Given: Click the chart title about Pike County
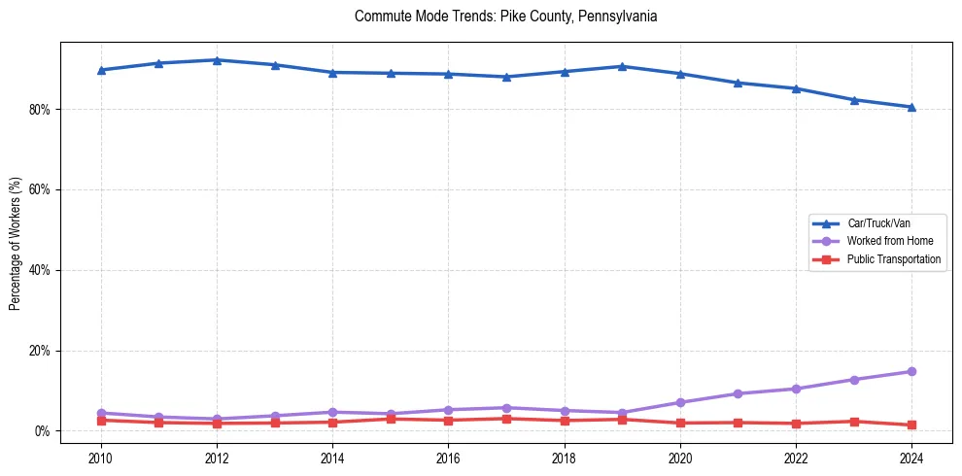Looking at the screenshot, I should click(506, 17).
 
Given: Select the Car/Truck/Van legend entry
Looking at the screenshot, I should click(878, 223).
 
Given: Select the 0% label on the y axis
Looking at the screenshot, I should click(42, 431).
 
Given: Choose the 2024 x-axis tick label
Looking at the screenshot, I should click(911, 457).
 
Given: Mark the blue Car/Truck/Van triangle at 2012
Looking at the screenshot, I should click(217, 60).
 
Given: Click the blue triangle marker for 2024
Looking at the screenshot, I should click(911, 107).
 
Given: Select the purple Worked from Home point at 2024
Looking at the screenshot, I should click(911, 371).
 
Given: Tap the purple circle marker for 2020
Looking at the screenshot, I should click(680, 402).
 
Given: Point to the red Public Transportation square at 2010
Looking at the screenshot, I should click(101, 421).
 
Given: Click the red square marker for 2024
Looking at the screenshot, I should click(911, 425).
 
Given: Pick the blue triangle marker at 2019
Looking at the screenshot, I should click(622, 66).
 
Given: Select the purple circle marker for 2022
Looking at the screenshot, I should click(796, 389).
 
